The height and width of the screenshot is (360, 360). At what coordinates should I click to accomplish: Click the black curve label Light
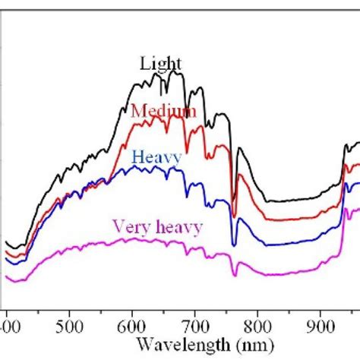[160, 64]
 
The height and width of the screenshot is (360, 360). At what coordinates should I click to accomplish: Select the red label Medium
[163, 112]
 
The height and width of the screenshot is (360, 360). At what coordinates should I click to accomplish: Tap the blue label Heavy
[156, 157]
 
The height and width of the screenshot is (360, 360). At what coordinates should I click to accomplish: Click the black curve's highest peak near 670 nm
[176, 72]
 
